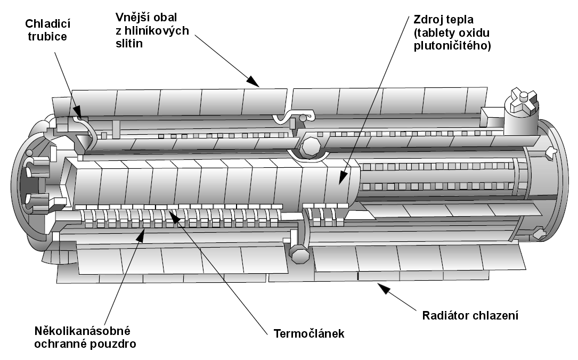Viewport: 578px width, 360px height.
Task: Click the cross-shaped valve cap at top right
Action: coord(522,101)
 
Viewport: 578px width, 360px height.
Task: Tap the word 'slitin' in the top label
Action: coord(129,43)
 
